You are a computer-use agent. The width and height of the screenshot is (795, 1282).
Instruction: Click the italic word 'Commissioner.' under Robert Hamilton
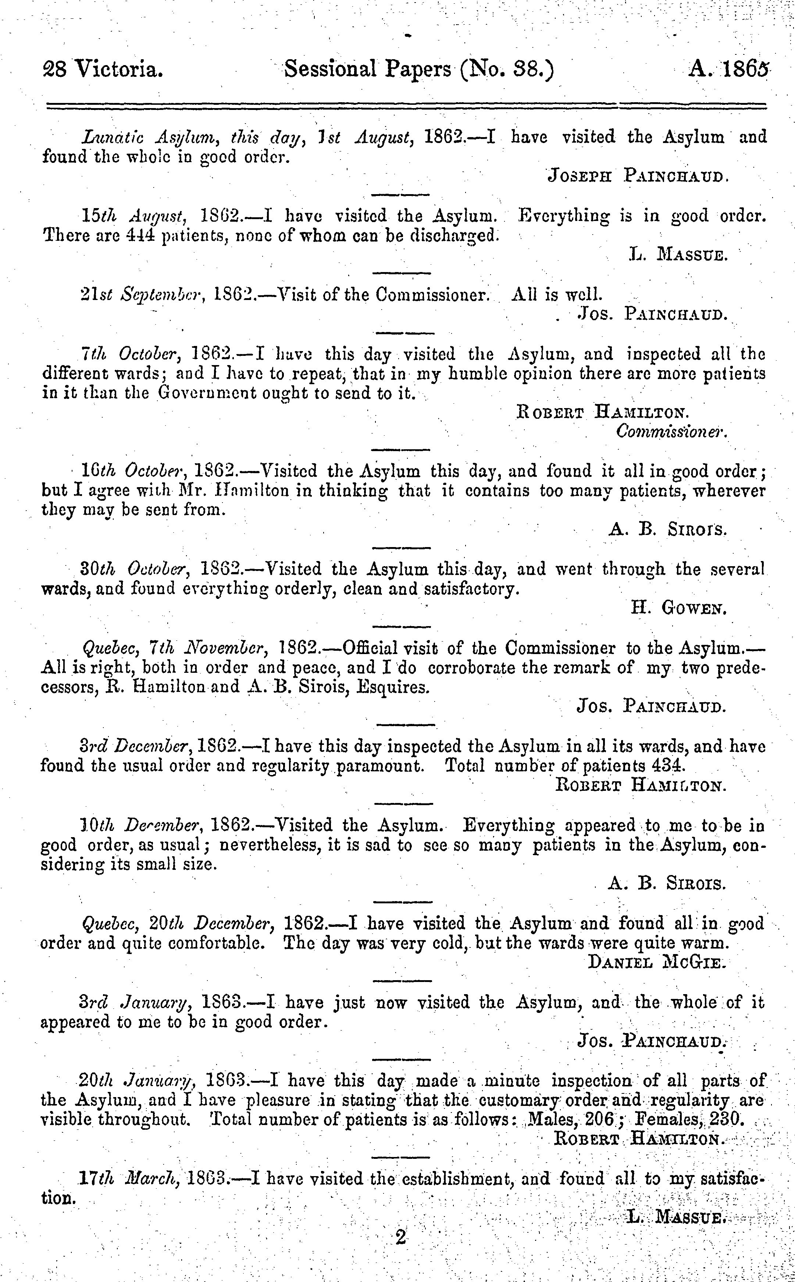[671, 432]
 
